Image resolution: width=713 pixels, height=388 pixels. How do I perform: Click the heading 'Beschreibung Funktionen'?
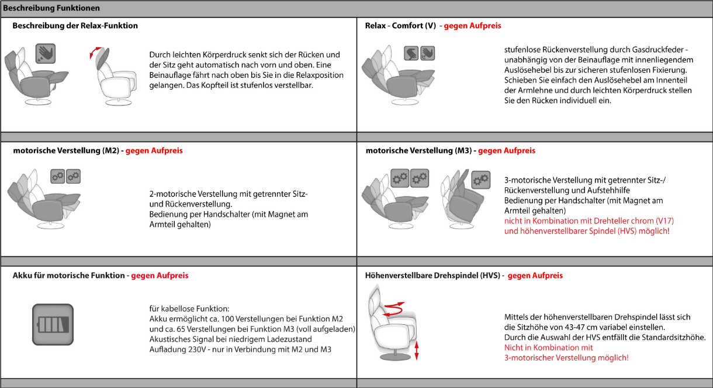pos(52,8)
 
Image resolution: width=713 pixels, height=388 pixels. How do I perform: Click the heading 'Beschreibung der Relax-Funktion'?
pos(75,26)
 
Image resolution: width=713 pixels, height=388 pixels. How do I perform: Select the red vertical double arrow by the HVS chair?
pos(416,353)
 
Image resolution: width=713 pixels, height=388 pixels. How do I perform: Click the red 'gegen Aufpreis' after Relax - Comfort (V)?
pos(472,26)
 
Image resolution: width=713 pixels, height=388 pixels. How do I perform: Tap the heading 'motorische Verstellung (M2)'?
pos(65,150)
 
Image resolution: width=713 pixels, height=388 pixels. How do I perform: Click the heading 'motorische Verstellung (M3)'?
pos(418,150)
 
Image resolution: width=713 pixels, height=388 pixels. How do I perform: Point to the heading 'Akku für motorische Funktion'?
pos(68,275)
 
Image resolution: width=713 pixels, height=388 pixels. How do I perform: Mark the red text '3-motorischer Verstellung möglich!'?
pos(566,358)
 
